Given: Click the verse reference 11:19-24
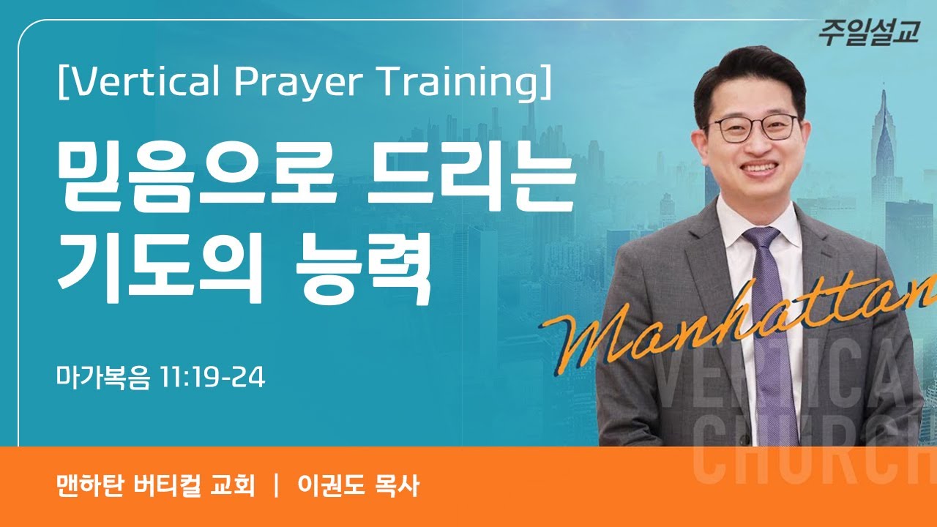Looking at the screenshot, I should coord(212,378).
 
